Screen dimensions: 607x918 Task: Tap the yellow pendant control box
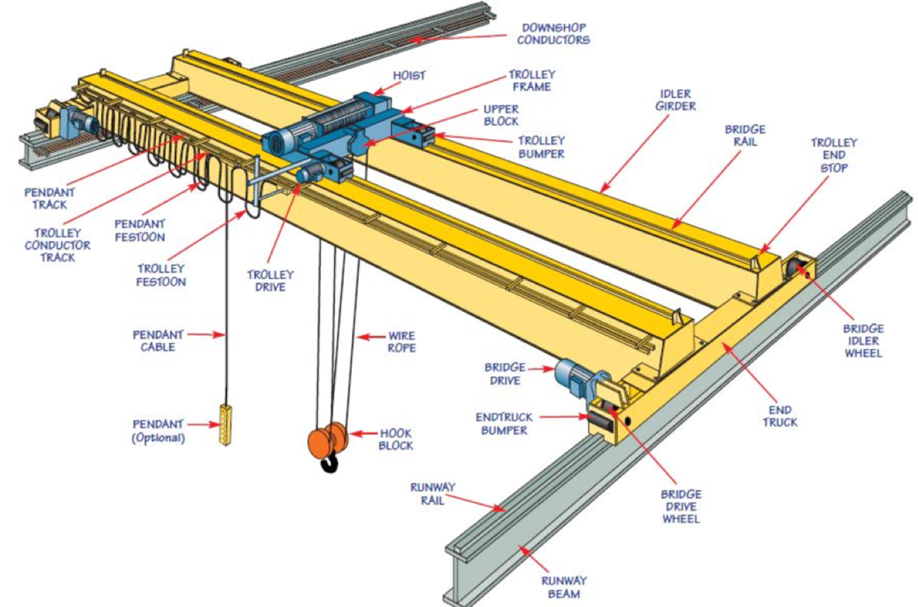tap(225, 424)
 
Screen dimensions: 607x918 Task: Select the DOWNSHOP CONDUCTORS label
tap(553, 34)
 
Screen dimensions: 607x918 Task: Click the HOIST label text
tap(409, 76)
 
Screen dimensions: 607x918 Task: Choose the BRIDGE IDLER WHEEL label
tap(863, 340)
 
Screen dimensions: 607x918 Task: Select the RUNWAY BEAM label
tap(563, 587)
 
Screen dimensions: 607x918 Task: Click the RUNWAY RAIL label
tap(433, 493)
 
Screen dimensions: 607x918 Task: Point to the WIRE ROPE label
tap(401, 342)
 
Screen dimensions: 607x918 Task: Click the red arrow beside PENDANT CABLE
tap(206, 334)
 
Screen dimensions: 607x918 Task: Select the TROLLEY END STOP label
tap(833, 155)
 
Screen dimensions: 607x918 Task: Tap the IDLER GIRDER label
tap(675, 99)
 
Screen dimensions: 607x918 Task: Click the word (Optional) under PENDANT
tap(158, 438)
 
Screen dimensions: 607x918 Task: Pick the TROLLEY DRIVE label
tap(270, 281)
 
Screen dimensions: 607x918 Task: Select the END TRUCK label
tap(780, 415)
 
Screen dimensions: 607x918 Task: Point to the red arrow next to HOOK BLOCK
tap(363, 434)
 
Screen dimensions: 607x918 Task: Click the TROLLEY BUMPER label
tap(541, 147)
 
